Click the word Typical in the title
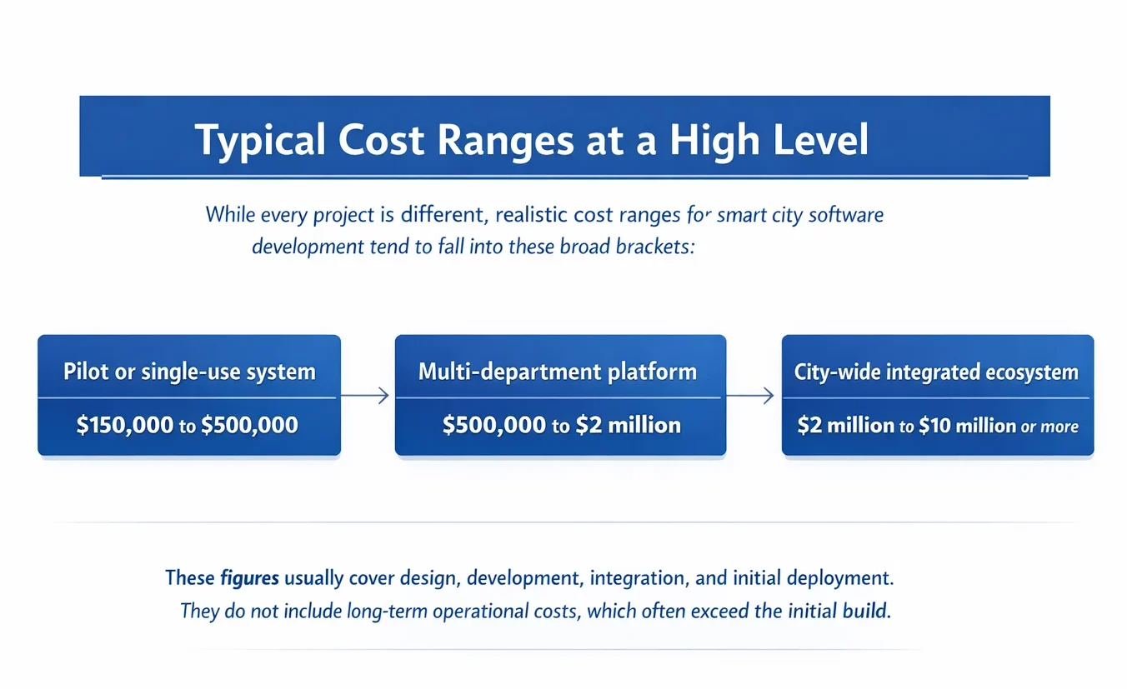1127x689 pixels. pyautogui.click(x=260, y=141)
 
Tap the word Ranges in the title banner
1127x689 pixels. pyautogui.click(x=505, y=141)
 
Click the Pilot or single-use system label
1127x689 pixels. pyautogui.click(x=189, y=372)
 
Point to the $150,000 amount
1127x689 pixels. pyautogui.click(x=125, y=425)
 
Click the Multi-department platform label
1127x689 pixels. pyautogui.click(x=558, y=372)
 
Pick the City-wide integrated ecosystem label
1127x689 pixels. pyautogui.click(x=936, y=372)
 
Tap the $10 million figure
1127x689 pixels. pyautogui.click(x=968, y=426)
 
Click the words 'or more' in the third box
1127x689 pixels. pyautogui.click(x=1049, y=427)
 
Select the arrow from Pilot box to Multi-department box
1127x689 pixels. pyautogui.click(x=365, y=395)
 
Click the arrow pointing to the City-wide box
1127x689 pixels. pyautogui.click(x=749, y=395)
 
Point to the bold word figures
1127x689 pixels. pyautogui.click(x=249, y=578)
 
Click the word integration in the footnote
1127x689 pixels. pyautogui.click(x=637, y=578)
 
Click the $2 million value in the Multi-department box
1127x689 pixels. pyautogui.click(x=628, y=426)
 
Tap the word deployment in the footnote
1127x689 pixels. pyautogui.click(x=839, y=578)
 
